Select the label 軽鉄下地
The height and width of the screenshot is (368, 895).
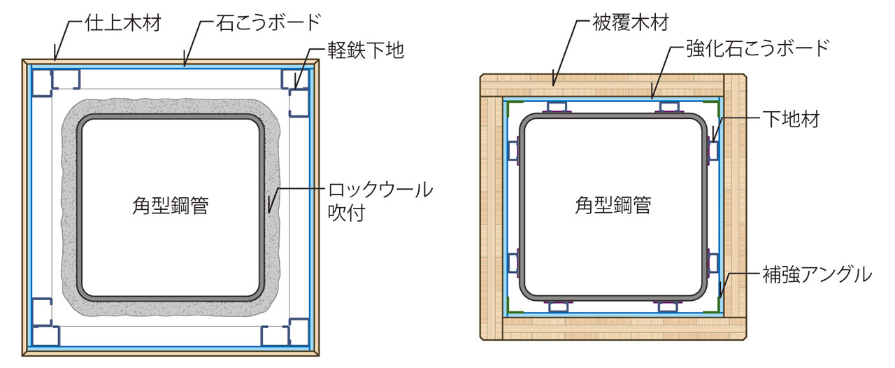[x=366, y=51]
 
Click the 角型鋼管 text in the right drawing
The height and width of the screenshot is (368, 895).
[x=613, y=206]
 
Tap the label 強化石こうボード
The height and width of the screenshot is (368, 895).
[x=756, y=48]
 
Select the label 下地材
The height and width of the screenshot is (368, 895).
[x=790, y=119]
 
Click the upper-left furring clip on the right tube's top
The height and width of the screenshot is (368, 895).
[x=557, y=108]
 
